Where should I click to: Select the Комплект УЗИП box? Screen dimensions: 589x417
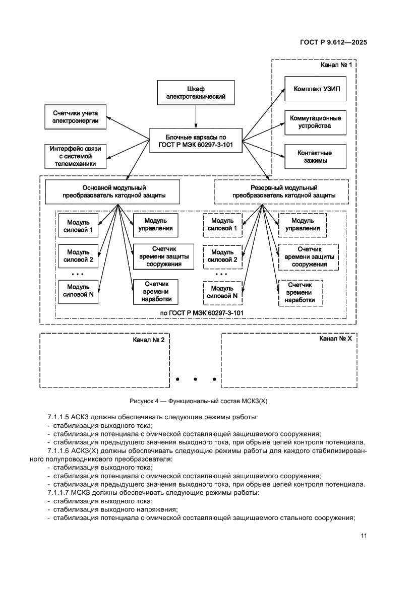(x=316, y=89)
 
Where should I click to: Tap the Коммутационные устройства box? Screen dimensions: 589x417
(x=316, y=122)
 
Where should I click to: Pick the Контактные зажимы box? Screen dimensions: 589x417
(x=316, y=157)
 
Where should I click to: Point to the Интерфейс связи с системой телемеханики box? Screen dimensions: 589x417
(x=75, y=156)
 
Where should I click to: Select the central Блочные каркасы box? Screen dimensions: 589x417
(x=196, y=141)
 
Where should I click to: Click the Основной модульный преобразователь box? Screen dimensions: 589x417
(x=114, y=192)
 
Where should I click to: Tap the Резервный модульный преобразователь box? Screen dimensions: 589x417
(x=283, y=192)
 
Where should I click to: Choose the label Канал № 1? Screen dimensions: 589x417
(x=336, y=65)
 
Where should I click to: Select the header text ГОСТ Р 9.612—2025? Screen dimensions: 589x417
(x=330, y=43)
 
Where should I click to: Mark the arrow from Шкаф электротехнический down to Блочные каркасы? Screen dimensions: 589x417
(x=196, y=116)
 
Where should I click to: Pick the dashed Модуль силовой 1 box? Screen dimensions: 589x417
(x=222, y=225)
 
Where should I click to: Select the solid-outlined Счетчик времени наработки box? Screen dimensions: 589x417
(x=153, y=292)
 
